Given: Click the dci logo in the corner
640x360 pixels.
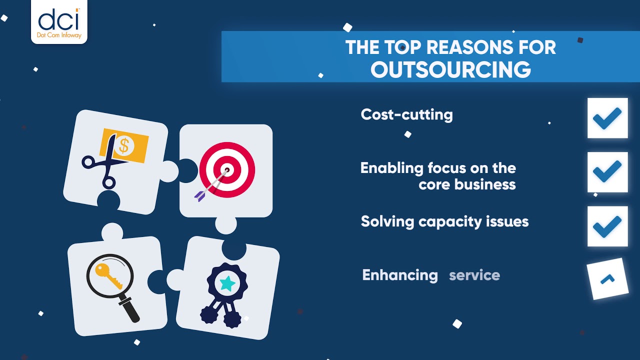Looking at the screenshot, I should (59, 21).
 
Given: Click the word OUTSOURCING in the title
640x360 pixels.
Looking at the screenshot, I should (450, 69).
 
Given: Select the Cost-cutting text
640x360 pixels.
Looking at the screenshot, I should (406, 114).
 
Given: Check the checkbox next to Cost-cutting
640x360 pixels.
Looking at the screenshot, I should (607, 118).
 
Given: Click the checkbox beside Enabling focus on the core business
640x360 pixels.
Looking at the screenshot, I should (607, 172).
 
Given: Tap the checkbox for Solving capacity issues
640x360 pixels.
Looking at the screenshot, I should (607, 226).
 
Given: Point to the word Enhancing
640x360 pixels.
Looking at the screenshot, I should (399, 275).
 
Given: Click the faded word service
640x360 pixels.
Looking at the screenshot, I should (474, 275).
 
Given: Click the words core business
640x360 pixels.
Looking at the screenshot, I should (467, 184).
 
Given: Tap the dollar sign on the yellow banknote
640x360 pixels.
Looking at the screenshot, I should (123, 146).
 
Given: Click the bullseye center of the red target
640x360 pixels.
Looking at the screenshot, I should (227, 170).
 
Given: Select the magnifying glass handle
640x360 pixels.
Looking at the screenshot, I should (130, 310).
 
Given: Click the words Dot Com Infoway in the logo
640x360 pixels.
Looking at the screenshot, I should (59, 35).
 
